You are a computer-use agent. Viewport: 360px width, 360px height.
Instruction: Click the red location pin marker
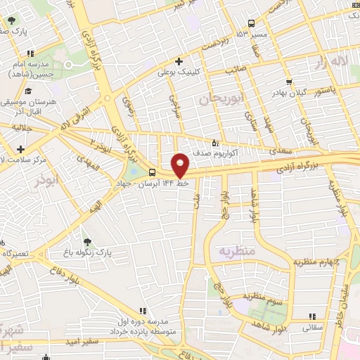[181, 165]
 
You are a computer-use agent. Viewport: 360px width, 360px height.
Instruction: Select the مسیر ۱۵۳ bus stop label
[251, 34]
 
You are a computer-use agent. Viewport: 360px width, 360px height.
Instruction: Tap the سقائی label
[313, 327]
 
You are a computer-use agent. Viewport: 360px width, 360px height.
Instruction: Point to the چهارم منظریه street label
[316, 262]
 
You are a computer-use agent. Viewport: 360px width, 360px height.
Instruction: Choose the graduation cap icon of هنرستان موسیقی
[28, 91]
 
